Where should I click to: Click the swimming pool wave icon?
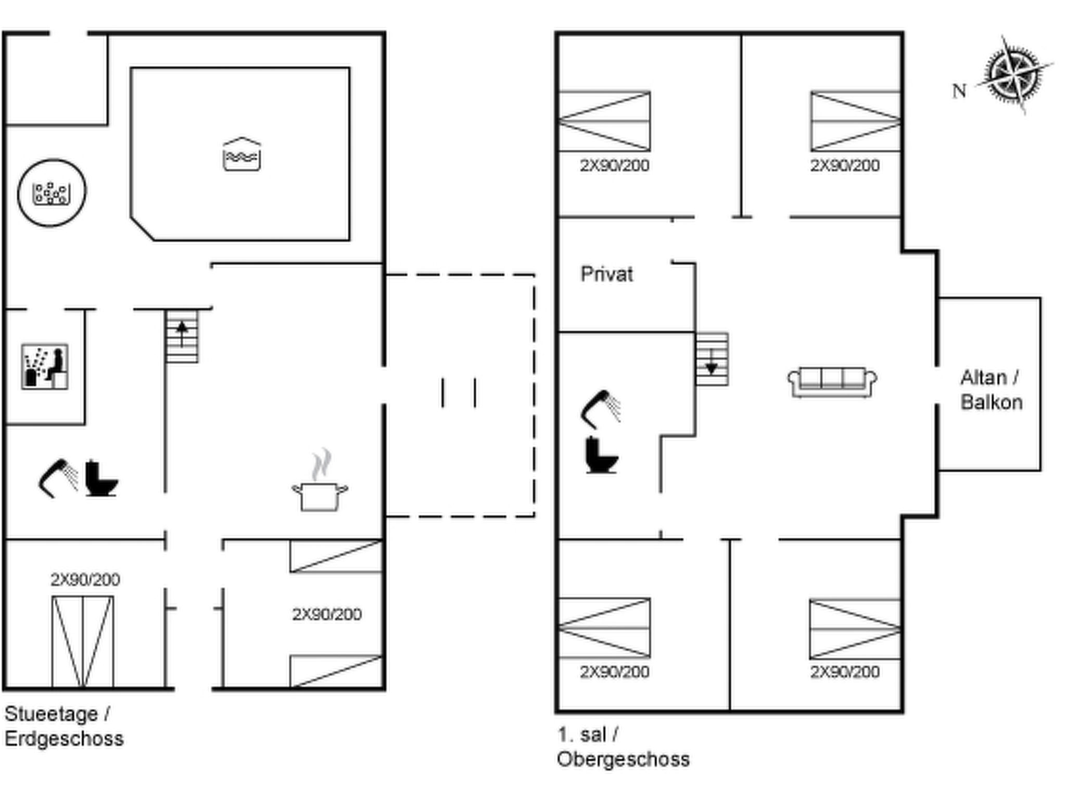[x=242, y=154]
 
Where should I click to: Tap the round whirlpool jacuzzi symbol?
[x=52, y=193]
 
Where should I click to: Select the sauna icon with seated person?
[x=45, y=366]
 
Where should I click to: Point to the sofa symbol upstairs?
[x=832, y=382]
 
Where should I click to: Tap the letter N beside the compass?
[x=959, y=92]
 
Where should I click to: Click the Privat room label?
[x=606, y=274]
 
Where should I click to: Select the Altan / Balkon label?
[x=991, y=390]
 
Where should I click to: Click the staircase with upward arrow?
[x=182, y=336]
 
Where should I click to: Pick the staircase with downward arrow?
[x=712, y=359]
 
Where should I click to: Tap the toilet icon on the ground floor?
[x=100, y=479]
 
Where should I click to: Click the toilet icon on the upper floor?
[x=601, y=455]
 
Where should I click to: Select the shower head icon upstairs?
[x=600, y=409]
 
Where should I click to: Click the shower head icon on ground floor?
[x=58, y=478]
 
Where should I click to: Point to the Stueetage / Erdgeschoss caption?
[x=64, y=726]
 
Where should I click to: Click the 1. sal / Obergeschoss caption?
[x=623, y=747]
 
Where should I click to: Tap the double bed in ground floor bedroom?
[x=82, y=641]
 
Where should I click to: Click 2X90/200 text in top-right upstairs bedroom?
[x=844, y=165]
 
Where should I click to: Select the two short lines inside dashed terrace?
[x=459, y=393]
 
